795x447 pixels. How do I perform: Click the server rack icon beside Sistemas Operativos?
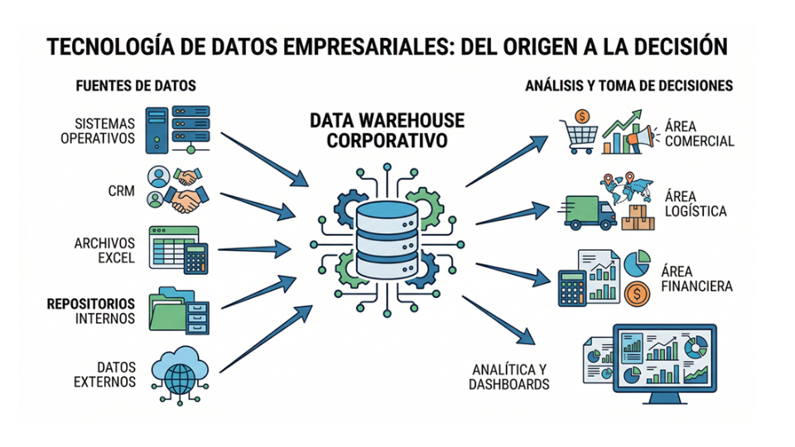coord(177,128)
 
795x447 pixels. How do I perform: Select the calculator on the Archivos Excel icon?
coord(195,257)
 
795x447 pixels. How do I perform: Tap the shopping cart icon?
coord(577,134)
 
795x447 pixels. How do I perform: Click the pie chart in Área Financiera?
coord(637,263)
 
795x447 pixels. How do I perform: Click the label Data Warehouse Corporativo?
coord(387,131)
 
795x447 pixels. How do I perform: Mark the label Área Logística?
coord(695,204)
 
